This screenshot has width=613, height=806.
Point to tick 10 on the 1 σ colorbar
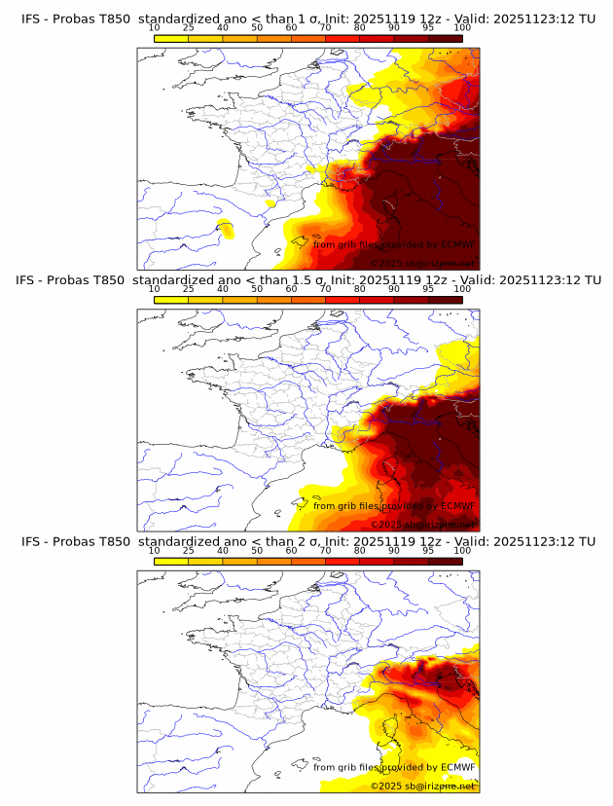tap(155, 27)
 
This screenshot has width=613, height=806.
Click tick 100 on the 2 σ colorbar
tap(462, 550)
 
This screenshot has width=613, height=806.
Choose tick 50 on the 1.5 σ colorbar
tap(257, 289)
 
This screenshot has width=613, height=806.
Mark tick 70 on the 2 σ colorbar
tap(325, 550)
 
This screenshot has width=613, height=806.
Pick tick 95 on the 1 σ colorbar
tap(428, 27)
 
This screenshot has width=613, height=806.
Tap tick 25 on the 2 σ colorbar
tap(189, 550)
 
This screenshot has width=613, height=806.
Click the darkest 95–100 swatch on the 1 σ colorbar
tap(445, 37)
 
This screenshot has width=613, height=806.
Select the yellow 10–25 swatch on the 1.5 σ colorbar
tap(171, 299)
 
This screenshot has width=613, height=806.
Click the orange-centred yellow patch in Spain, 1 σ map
tap(226, 230)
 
